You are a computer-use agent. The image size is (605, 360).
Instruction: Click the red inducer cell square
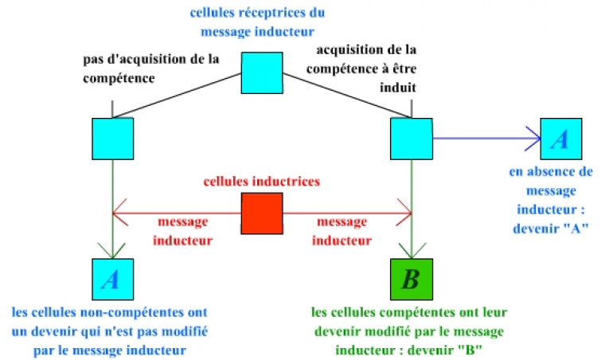tap(262, 213)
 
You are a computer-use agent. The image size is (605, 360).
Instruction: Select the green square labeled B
tap(410, 279)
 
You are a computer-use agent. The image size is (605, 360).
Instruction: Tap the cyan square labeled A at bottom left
tap(112, 279)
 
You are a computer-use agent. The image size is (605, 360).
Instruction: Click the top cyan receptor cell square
tap(262, 72)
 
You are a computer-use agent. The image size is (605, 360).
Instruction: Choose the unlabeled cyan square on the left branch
tap(112, 139)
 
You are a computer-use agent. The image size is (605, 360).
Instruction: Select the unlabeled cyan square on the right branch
tap(411, 139)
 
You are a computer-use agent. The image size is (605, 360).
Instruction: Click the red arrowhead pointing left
tap(118, 213)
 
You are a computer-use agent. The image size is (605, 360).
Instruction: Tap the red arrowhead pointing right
tap(406, 213)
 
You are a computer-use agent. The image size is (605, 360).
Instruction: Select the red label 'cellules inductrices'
tap(261, 182)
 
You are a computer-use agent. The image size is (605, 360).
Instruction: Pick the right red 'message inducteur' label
tap(342, 230)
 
